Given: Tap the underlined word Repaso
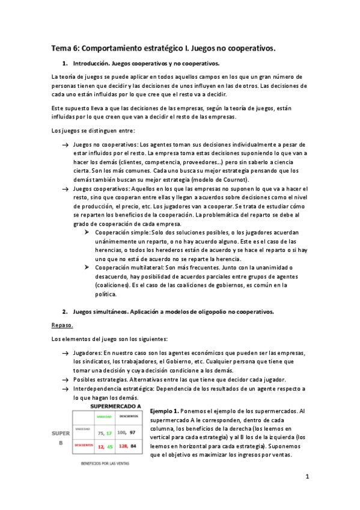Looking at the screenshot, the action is (61, 325).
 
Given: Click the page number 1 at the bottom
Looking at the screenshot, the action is (307, 478).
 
